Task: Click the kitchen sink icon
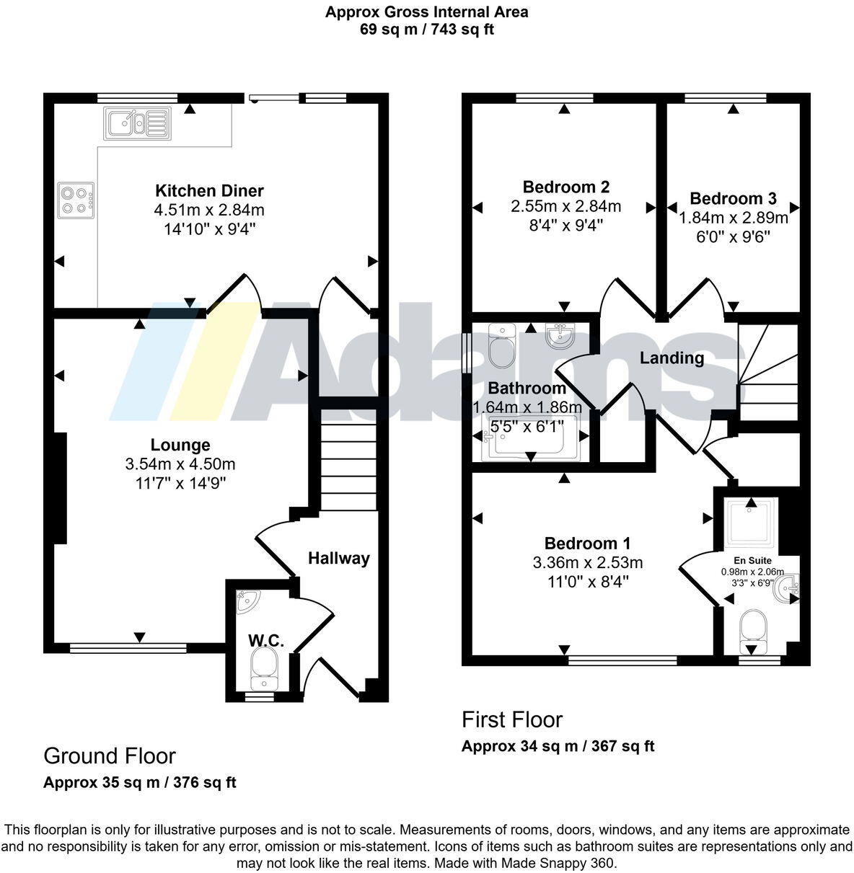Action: pyautogui.click(x=136, y=122)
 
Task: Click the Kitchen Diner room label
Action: pyautogui.click(x=209, y=191)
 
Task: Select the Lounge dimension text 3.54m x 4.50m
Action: pyautogui.click(x=180, y=464)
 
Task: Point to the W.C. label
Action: pyautogui.click(x=265, y=640)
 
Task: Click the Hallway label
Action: pyautogui.click(x=338, y=558)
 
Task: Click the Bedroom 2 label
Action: pyautogui.click(x=565, y=187)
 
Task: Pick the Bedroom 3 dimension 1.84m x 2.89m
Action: pyautogui.click(x=733, y=217)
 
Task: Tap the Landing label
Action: pyautogui.click(x=672, y=358)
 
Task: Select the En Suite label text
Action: pyautogui.click(x=752, y=560)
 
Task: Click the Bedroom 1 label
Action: pyautogui.click(x=587, y=544)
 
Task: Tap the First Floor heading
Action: pyautogui.click(x=511, y=719)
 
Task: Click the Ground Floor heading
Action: pyautogui.click(x=109, y=755)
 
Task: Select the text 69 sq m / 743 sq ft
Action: pyautogui.click(x=426, y=30)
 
